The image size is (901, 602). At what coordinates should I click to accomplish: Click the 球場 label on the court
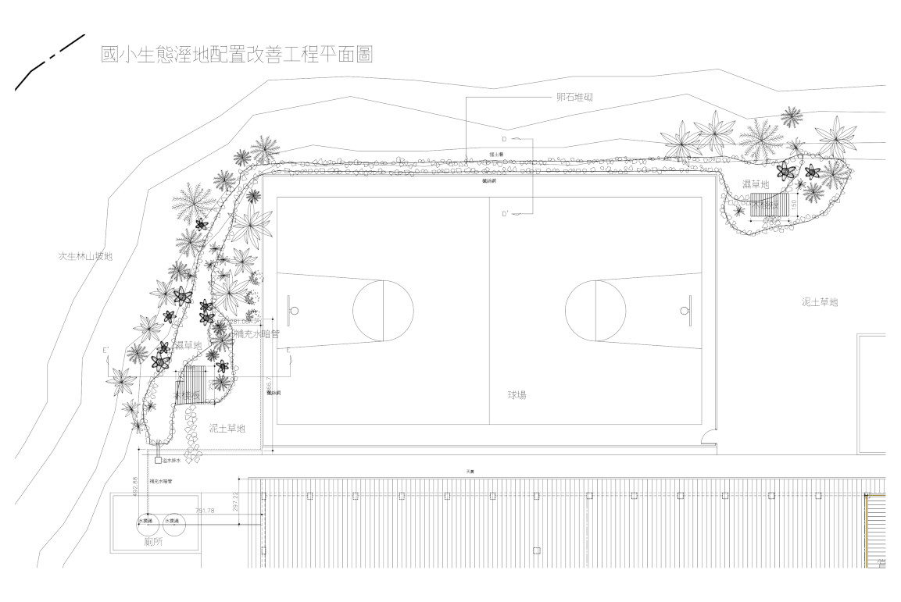517,395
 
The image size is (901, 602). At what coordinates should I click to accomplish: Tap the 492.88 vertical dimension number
135,486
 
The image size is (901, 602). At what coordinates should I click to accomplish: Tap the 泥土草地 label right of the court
820,301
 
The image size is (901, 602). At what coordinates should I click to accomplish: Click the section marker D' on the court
505,213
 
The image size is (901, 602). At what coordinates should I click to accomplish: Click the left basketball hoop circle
295,310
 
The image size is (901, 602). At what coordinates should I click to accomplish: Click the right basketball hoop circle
684,310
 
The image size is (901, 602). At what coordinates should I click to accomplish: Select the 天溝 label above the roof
470,472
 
